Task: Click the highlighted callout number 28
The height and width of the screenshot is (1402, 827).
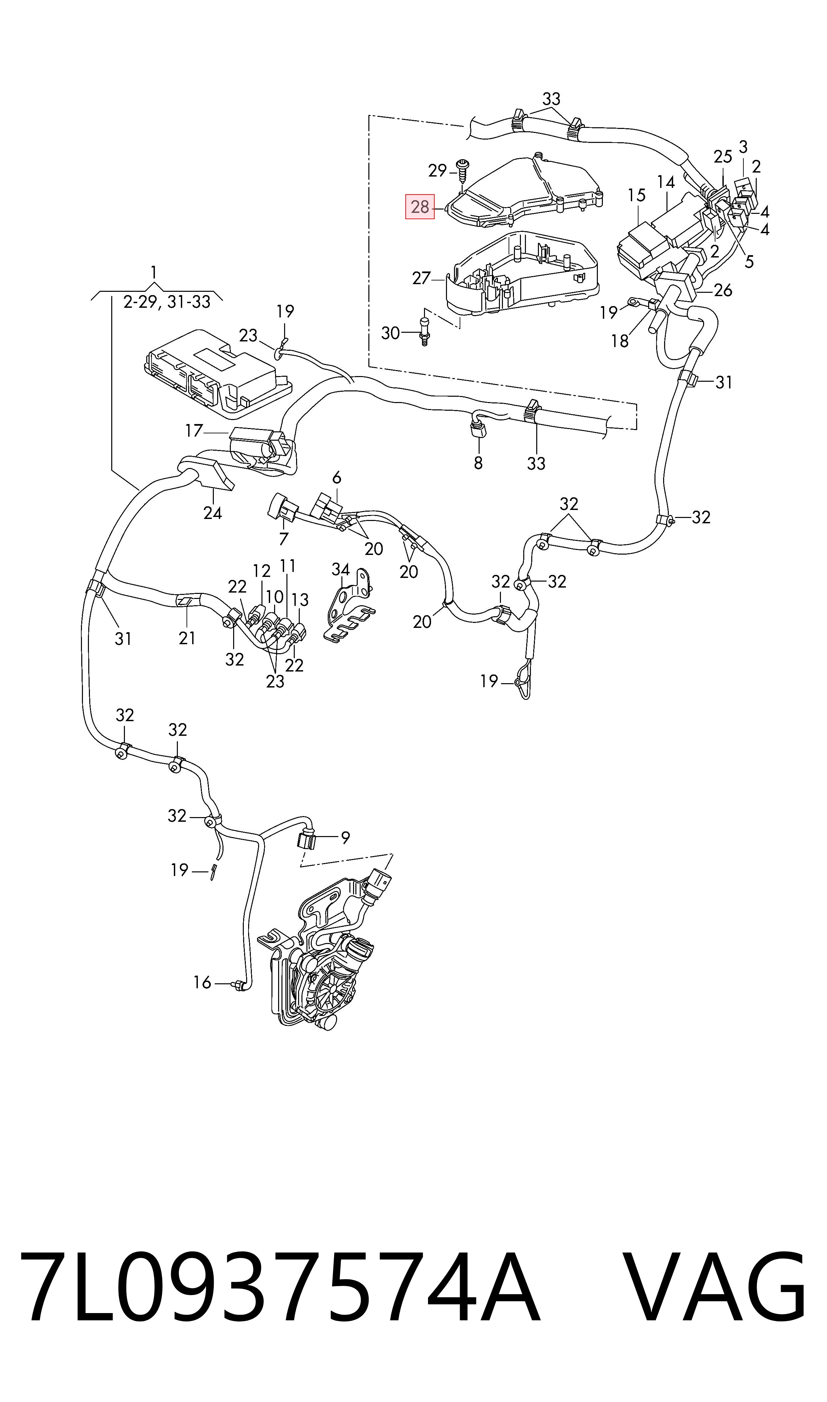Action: (420, 207)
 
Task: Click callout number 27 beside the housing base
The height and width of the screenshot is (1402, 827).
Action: (421, 277)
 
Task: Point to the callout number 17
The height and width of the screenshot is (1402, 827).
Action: (194, 431)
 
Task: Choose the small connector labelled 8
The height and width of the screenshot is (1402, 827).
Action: (477, 429)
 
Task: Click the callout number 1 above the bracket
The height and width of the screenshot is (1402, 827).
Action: (154, 272)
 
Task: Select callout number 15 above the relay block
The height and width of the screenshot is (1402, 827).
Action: (636, 195)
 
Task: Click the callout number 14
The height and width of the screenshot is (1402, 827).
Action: (666, 182)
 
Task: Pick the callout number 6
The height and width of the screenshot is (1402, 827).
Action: (337, 478)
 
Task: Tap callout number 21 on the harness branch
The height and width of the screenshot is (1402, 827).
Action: (187, 638)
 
